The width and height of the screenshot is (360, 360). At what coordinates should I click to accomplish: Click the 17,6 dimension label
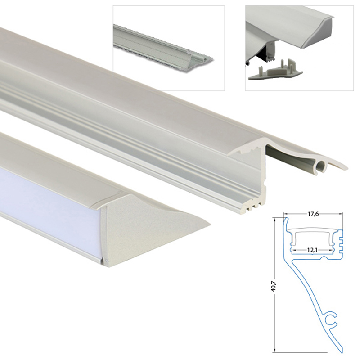(x=313, y=214)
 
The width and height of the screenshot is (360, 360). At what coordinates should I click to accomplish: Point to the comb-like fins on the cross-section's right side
(x=341, y=243)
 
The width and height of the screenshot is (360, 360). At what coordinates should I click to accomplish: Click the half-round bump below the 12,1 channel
(x=324, y=257)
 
